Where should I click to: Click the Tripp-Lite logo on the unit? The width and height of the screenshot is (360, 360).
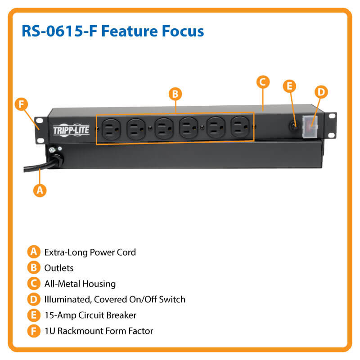(71, 130)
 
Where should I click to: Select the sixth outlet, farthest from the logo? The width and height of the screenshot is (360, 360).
(239, 128)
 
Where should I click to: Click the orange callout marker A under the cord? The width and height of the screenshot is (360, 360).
(40, 190)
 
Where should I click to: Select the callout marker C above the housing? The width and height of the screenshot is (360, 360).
(263, 82)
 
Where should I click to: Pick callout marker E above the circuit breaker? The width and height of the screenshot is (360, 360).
(289, 86)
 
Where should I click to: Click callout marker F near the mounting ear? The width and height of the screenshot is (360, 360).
(20, 104)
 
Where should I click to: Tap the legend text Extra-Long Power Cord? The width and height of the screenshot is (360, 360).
(90, 252)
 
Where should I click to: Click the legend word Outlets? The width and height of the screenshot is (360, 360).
(58, 268)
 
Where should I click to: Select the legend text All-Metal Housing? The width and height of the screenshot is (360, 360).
(80, 283)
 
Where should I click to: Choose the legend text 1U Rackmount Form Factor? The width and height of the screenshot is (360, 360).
(99, 331)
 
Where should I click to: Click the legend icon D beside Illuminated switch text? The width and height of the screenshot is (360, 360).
(32, 299)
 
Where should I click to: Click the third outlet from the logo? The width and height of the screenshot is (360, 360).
(162, 128)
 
